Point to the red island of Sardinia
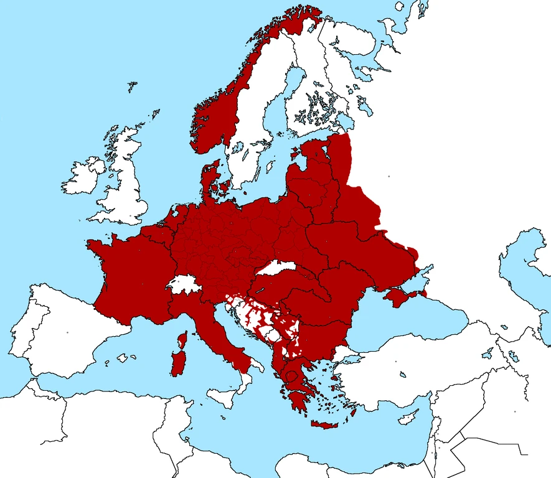tap(177, 363)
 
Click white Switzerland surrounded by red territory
tap(185, 286)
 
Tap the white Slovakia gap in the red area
tap(276, 268)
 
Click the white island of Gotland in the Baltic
tap(270, 167)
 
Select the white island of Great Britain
tap(125, 187)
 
